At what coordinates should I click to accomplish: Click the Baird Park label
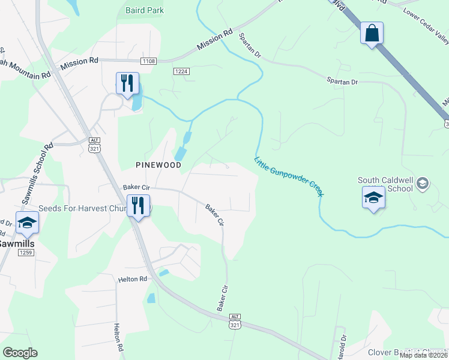(x=145, y=10)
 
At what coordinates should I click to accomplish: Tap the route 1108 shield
(x=149, y=61)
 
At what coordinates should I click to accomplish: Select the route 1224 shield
(x=181, y=71)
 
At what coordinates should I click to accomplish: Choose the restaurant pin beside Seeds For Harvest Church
(x=139, y=206)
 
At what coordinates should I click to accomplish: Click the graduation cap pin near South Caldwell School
(x=373, y=197)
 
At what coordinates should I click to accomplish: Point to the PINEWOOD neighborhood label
(x=158, y=164)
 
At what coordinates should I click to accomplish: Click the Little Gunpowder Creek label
(x=289, y=177)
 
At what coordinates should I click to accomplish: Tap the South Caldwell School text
(x=385, y=184)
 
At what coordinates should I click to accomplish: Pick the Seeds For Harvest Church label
(x=84, y=208)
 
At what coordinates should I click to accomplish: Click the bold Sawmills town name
(x=16, y=244)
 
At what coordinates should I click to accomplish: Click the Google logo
(x=20, y=353)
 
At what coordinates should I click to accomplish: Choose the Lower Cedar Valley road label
(x=426, y=27)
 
